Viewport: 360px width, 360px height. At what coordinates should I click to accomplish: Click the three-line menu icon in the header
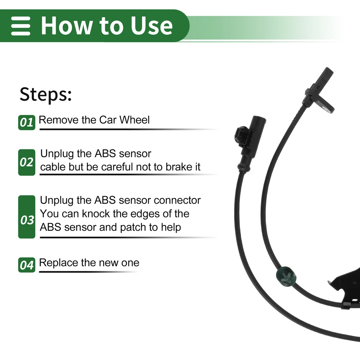(x=21, y=26)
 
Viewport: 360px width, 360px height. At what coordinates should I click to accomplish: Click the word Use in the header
(x=152, y=26)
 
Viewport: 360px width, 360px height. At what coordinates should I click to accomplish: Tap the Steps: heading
(x=46, y=94)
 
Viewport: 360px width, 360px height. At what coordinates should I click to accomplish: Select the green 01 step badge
(x=27, y=123)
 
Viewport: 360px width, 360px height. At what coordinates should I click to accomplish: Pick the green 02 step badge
(x=27, y=162)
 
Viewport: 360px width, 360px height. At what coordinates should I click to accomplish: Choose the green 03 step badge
(x=27, y=217)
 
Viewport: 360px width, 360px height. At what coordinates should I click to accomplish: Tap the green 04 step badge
(x=27, y=265)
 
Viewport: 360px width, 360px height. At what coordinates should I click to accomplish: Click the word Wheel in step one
(x=135, y=120)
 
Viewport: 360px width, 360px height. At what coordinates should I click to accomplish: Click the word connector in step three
(x=177, y=200)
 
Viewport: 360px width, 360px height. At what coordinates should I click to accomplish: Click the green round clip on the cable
(x=286, y=276)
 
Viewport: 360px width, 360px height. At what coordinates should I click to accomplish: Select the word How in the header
(x=66, y=26)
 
